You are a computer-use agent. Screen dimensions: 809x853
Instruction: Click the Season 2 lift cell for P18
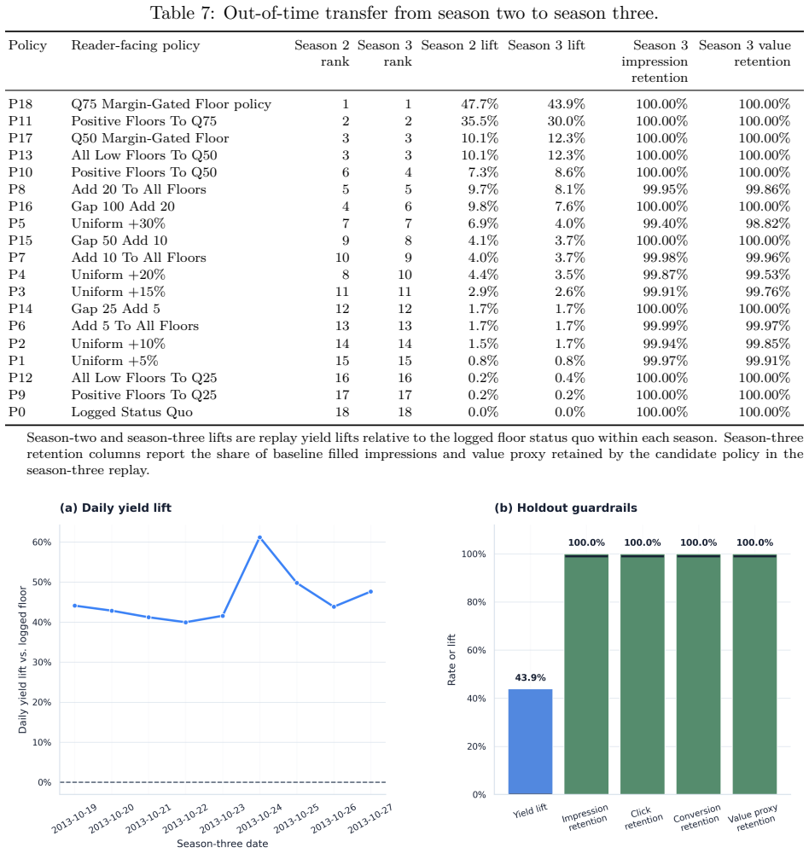click(480, 104)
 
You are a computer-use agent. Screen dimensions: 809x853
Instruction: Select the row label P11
click(20, 121)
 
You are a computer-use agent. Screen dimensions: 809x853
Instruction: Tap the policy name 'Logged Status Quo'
click(131, 412)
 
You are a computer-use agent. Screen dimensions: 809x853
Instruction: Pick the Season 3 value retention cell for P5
click(768, 223)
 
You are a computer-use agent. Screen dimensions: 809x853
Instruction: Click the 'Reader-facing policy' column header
click(136, 45)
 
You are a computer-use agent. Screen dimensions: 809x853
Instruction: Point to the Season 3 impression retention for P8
click(666, 189)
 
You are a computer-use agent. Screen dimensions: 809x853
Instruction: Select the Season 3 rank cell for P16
click(408, 206)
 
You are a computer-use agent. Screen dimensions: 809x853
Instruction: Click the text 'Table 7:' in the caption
click(183, 13)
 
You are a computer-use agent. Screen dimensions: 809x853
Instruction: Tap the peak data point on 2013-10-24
click(259, 537)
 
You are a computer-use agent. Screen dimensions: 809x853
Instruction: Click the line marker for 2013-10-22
click(186, 623)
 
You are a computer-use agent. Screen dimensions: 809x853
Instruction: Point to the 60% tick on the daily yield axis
click(42, 543)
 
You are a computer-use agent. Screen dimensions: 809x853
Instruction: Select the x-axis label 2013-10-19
click(74, 819)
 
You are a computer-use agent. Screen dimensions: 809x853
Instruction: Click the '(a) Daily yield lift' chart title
click(115, 508)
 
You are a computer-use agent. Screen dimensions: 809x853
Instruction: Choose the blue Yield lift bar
click(530, 741)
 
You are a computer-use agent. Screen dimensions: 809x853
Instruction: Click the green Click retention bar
click(643, 674)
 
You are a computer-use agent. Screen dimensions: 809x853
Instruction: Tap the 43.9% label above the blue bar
click(530, 678)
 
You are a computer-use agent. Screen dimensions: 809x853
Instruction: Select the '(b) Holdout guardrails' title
click(566, 508)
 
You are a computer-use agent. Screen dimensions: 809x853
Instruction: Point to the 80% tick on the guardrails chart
click(476, 602)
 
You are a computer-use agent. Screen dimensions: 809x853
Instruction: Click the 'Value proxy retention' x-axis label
click(754, 818)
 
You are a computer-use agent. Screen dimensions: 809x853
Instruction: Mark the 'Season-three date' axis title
click(222, 844)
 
